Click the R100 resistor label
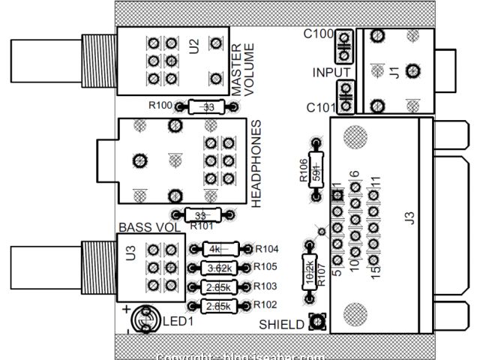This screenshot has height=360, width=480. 160,105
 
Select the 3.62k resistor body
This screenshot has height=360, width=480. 219,268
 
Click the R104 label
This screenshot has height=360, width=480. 267,249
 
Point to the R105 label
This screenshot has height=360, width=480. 267,267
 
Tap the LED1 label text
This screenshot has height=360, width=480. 178,321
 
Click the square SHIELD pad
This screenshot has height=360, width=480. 316,322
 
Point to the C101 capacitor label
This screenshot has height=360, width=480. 320,107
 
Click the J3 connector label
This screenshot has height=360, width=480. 409,218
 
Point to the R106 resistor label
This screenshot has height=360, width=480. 302,172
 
